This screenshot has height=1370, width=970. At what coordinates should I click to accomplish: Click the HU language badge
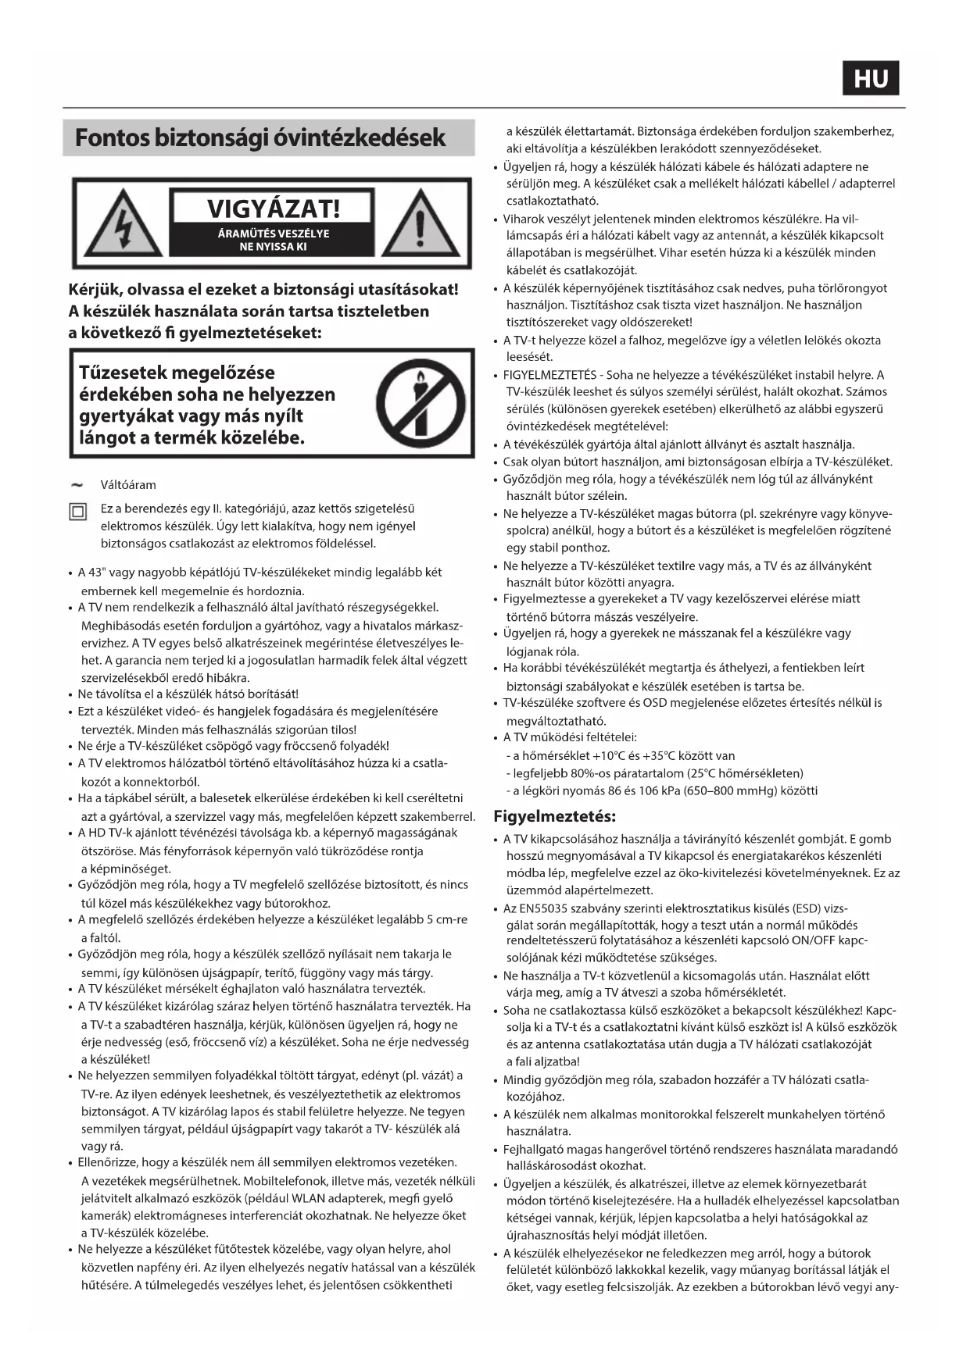(870, 78)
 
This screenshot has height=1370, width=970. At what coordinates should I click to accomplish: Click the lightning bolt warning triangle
(123, 224)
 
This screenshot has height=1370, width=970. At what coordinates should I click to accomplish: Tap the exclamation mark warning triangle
(420, 224)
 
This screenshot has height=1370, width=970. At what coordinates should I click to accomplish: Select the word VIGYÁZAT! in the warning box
(273, 209)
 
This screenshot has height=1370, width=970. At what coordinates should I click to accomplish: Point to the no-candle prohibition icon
(421, 404)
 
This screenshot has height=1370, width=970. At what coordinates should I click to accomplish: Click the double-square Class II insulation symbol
(78, 512)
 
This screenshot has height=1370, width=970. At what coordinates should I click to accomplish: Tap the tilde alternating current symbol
(77, 484)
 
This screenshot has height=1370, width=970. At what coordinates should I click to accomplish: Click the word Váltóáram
(128, 485)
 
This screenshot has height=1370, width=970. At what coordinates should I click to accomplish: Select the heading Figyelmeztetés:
(554, 816)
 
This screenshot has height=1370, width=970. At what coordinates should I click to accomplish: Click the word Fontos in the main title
(112, 138)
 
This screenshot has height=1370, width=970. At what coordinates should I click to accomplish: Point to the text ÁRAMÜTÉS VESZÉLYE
(273, 234)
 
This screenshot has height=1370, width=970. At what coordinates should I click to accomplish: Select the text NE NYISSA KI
(273, 247)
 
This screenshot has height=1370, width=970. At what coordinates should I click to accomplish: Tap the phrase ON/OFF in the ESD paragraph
(812, 940)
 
